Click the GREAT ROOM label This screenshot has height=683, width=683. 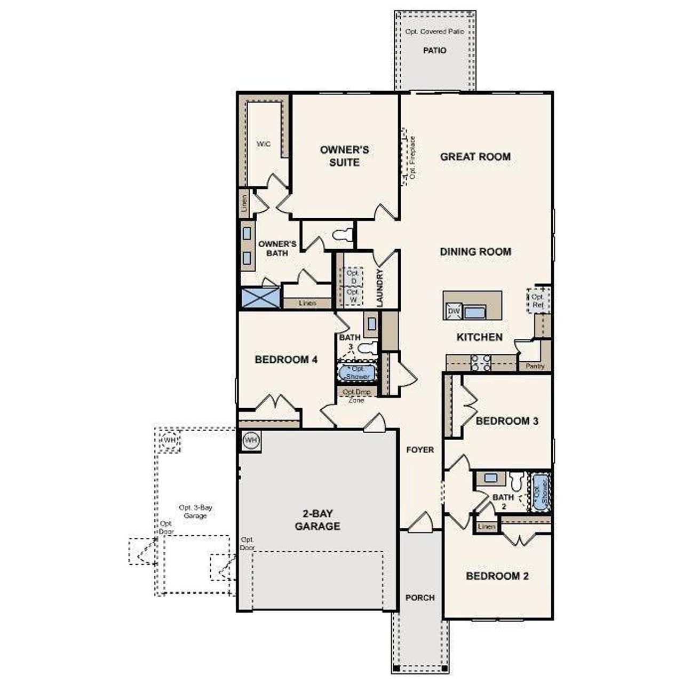coord(475,157)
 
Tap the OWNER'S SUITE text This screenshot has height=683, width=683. coord(344,156)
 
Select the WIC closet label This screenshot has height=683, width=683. coord(264,145)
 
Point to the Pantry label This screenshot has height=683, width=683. coord(535,367)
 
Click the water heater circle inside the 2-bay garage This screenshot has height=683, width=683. coord(251,440)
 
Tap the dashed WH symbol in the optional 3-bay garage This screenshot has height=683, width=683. coord(169,441)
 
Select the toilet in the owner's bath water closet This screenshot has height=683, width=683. coord(343,235)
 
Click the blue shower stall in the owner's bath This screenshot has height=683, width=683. coord(260,297)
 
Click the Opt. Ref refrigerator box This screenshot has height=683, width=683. coord(537,301)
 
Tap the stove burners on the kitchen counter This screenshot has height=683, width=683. coord(481,363)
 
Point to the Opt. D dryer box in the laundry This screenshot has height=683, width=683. coord(353,276)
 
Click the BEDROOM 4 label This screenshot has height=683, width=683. coord(286,360)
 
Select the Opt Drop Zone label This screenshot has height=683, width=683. coord(356,396)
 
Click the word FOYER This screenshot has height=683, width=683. coord(420,450)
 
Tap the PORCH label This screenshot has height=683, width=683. coord(420,598)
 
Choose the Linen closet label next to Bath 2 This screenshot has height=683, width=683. coord(487,527)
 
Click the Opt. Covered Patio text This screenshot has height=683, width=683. coord(434,32)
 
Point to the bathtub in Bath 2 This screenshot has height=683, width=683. coord(540,491)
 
